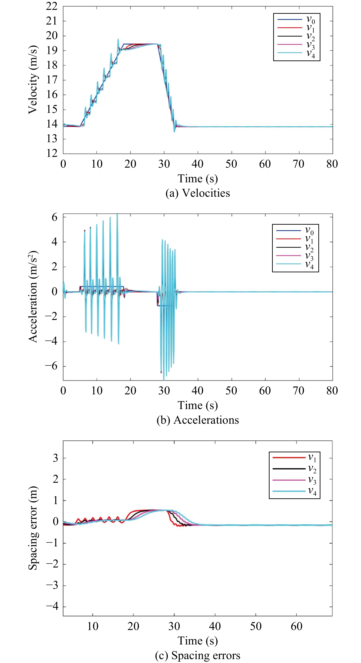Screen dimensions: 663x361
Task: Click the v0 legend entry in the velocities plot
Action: [296, 19]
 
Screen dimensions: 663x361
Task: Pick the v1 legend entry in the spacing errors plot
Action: [295, 457]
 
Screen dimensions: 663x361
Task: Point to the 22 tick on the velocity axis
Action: [52, 6]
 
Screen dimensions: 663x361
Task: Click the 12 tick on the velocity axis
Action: [52, 153]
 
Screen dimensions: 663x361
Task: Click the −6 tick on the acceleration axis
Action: [51, 366]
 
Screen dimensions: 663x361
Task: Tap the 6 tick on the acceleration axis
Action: [54, 217]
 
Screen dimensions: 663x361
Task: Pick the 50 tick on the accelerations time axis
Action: [231, 391]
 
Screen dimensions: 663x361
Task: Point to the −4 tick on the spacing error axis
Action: [52, 606]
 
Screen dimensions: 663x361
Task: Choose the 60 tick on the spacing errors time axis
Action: [296, 626]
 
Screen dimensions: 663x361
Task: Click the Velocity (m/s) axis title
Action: [33, 79]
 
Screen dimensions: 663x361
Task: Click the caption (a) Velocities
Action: [198, 193]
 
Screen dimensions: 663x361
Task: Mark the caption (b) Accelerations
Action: [198, 420]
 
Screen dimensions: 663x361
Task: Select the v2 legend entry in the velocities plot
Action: [296, 36]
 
